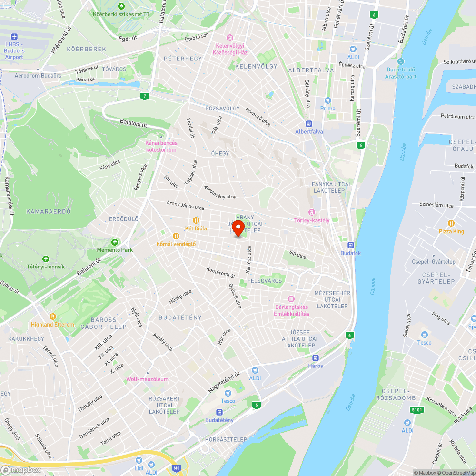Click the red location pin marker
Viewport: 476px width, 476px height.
point(238,228)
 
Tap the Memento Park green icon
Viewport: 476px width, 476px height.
point(114,242)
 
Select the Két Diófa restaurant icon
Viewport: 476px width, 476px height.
point(196,220)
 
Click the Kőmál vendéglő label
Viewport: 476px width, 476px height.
point(176,244)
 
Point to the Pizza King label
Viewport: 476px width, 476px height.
point(451,231)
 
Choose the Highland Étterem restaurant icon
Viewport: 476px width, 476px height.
point(53,317)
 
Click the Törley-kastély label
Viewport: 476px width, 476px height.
point(312,220)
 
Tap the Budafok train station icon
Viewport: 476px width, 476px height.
point(351,245)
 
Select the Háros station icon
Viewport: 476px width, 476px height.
point(315,358)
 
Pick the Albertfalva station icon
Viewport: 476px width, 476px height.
point(309,123)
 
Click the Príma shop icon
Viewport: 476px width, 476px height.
point(327,100)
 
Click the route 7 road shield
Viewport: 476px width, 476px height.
point(144,97)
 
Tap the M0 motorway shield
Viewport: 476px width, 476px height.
point(177,468)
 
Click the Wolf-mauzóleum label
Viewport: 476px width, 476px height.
point(147,379)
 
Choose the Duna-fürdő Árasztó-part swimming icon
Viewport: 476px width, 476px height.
point(401,61)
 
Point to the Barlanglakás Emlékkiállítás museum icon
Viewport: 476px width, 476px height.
point(291,298)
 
